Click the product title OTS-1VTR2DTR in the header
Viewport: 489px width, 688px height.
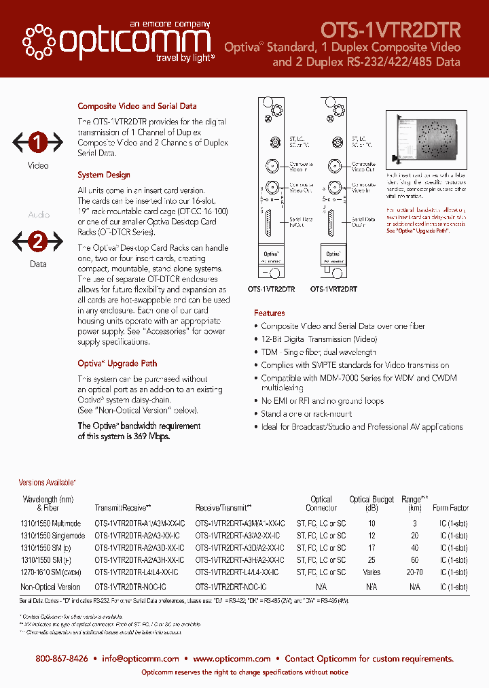tap(391, 30)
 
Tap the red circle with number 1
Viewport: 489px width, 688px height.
tap(38, 143)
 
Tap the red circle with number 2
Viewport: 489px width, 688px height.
tap(38, 241)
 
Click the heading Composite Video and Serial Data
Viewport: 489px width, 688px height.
tap(137, 106)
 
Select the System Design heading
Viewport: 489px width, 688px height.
tap(104, 175)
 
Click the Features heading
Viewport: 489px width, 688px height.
tap(270, 313)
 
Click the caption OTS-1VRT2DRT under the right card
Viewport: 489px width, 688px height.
tap(334, 289)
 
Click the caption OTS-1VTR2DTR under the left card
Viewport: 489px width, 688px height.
tap(271, 289)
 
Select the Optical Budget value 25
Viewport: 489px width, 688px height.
tap(372, 560)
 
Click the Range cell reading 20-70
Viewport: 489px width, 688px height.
tap(415, 572)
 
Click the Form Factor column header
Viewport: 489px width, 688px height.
tap(450, 508)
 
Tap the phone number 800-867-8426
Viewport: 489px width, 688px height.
tap(62, 658)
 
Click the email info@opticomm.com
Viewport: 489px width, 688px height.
tap(141, 658)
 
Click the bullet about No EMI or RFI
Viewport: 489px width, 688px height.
tap(322, 401)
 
